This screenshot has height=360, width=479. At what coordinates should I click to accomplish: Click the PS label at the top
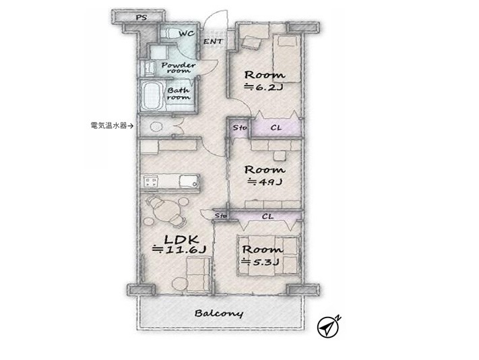(x=141, y=18)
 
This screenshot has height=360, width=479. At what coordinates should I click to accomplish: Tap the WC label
(x=187, y=33)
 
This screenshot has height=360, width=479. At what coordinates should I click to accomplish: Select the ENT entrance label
(x=214, y=41)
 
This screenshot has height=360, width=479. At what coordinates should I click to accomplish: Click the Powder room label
(x=179, y=67)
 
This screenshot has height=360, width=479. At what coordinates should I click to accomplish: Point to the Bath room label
(x=179, y=94)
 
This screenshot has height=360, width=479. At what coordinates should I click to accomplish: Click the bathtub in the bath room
(x=152, y=95)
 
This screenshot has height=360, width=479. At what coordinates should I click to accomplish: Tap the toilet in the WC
(x=169, y=33)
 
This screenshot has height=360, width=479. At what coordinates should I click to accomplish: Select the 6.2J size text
(x=264, y=88)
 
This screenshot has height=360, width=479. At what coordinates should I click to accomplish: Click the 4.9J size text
(x=265, y=182)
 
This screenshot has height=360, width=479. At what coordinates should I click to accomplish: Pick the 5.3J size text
(x=261, y=262)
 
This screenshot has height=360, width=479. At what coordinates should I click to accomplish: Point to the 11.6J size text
(x=179, y=249)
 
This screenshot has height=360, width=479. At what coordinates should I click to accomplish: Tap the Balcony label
(x=219, y=313)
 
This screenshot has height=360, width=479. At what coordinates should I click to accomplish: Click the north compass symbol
(x=328, y=326)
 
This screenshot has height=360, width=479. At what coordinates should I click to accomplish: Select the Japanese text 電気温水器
(x=108, y=125)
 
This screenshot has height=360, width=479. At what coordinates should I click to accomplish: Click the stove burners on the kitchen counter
(x=151, y=183)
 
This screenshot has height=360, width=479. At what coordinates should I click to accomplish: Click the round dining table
(x=166, y=210)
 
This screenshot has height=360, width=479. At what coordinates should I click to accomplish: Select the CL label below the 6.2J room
(x=276, y=127)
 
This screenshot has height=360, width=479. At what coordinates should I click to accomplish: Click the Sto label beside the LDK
(x=220, y=216)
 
